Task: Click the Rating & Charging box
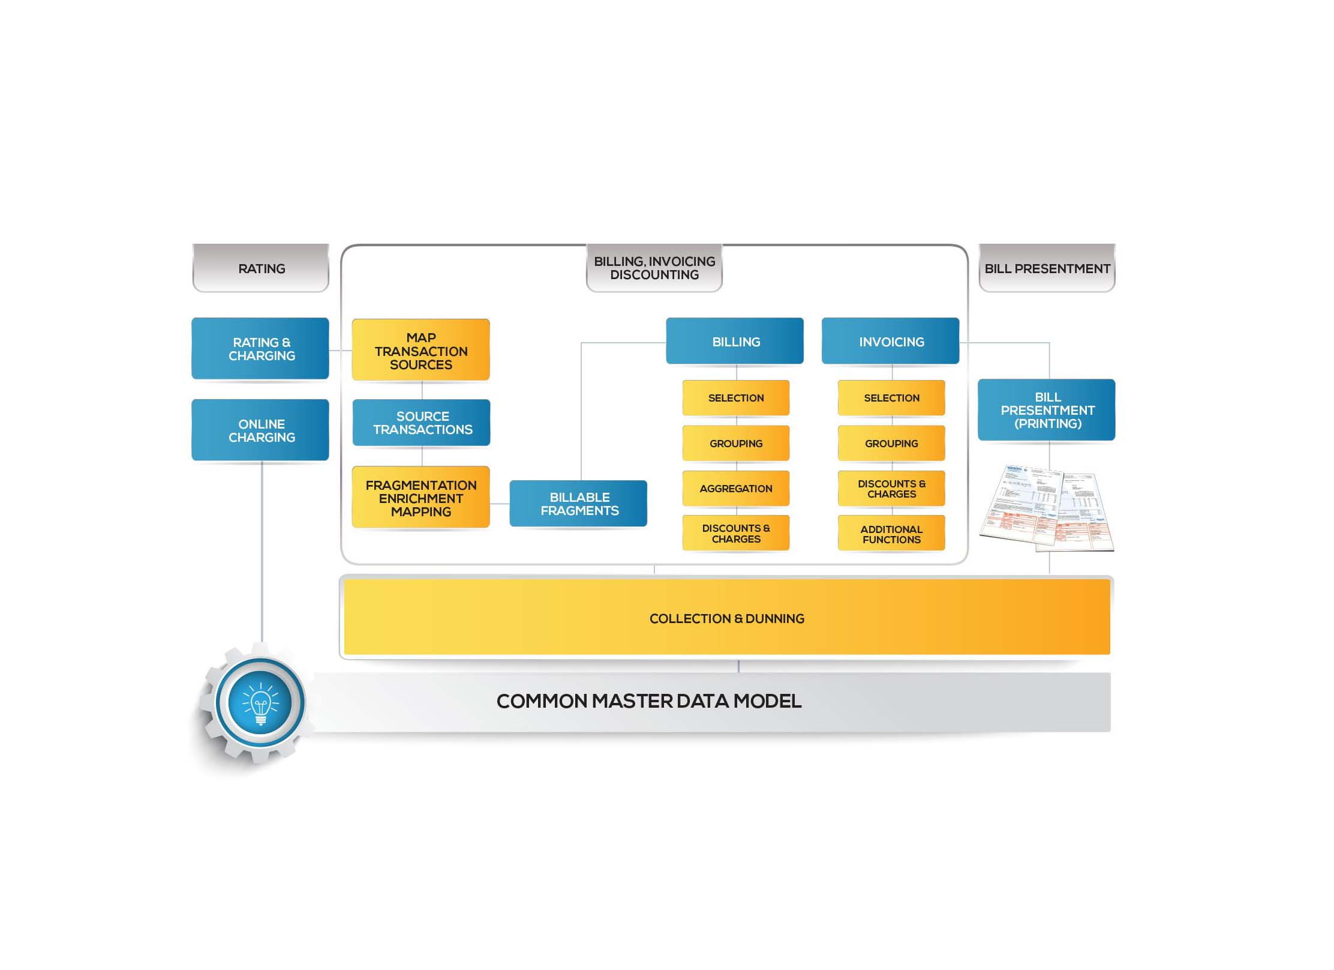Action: (260, 349)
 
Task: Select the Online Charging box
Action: (260, 430)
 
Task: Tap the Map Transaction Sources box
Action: (420, 351)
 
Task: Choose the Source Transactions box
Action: (422, 423)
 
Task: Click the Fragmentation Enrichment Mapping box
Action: (420, 498)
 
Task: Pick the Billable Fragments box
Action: (578, 504)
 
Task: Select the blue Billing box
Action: (735, 342)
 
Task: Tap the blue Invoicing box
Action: (891, 342)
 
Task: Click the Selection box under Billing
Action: (736, 398)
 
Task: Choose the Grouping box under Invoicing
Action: (891, 444)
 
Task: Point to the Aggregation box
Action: (736, 489)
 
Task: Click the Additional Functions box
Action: (891, 534)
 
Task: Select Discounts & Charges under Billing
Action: (736, 533)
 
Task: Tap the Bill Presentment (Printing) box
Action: (1047, 410)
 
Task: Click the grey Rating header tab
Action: (261, 268)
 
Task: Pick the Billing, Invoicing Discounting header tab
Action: (654, 268)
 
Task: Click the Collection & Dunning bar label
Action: (726, 618)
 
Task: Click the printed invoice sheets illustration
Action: (1047, 509)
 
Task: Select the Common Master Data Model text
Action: (648, 701)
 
